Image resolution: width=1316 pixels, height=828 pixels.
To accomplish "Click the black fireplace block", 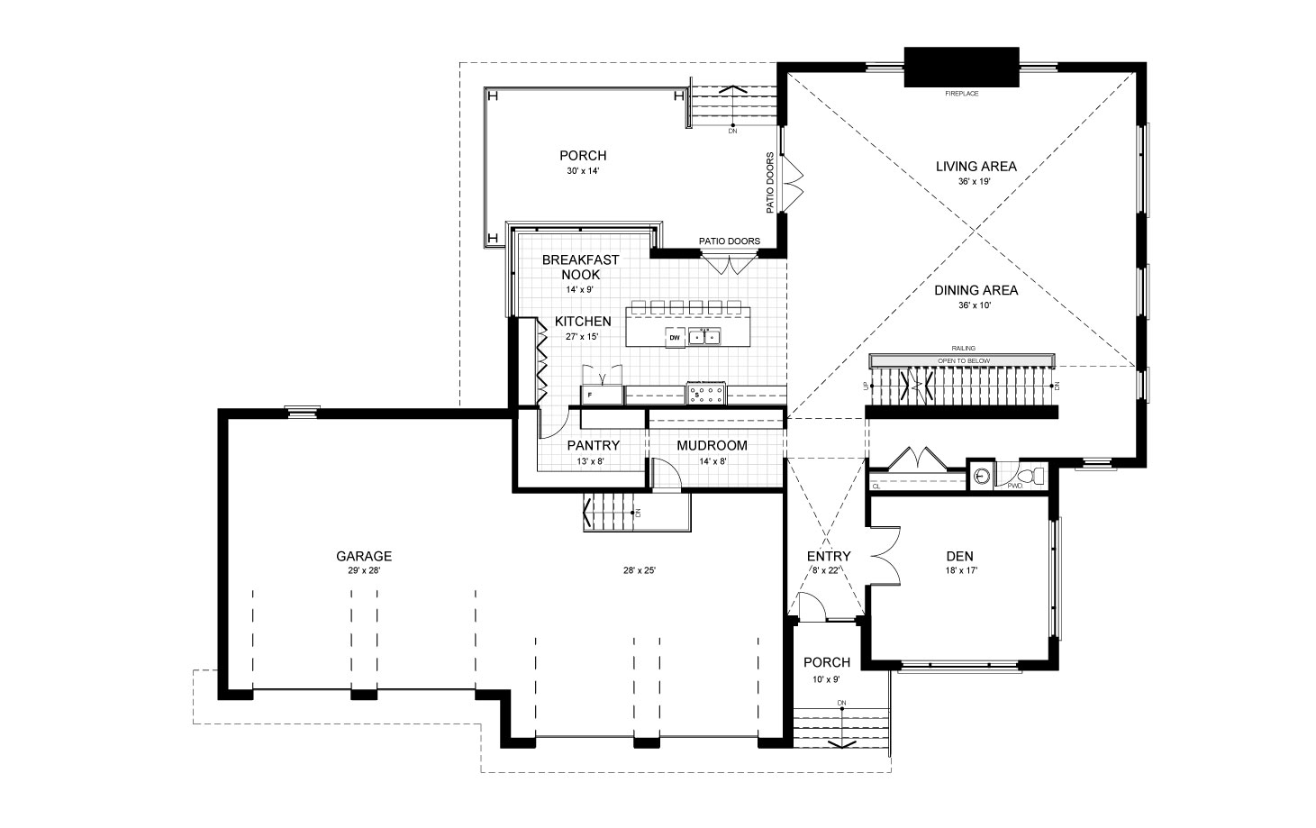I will pos(961,67).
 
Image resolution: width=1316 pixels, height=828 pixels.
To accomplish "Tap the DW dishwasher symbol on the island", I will pos(674,338).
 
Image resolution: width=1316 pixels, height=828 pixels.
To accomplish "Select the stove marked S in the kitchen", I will pos(706,394).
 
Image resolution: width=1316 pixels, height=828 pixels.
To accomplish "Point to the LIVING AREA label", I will pos(976,167).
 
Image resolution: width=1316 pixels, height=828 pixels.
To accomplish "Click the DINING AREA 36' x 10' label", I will pos(976,296).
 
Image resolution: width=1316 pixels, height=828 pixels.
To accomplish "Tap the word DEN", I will pos(959,557).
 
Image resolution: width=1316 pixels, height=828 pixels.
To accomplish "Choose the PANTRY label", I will pos(593,446).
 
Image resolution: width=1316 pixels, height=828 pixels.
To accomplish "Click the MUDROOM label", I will pos(712,446).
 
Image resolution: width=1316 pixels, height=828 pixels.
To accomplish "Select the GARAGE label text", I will pos(364,557).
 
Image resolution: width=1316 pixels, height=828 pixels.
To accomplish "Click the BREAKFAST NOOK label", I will pos(580,267).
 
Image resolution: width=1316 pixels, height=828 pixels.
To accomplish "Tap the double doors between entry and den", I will pos(883,556).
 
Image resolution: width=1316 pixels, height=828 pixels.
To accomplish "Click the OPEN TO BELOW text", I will pos(964,360).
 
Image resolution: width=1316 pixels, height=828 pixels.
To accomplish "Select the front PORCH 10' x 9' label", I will pos(827,669).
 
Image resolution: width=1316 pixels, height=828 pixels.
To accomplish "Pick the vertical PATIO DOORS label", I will pos(771,183).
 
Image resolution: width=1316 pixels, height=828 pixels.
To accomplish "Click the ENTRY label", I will pos(829,557).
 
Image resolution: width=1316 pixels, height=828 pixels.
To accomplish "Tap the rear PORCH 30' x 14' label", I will pos(583,161).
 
